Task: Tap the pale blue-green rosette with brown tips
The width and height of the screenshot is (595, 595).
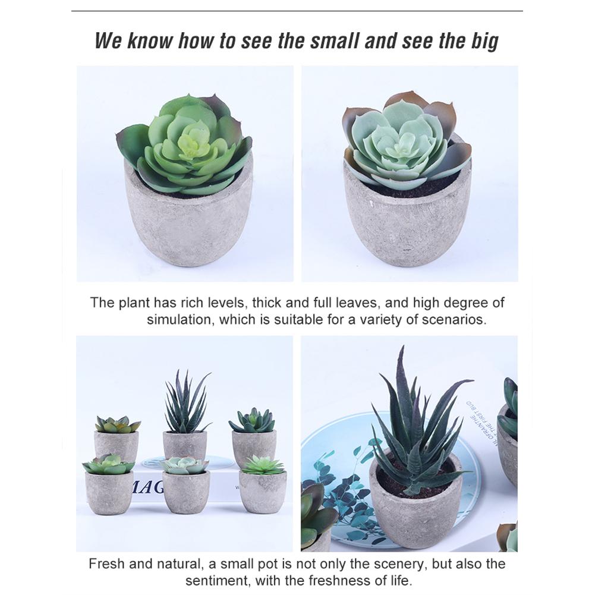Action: (404, 140)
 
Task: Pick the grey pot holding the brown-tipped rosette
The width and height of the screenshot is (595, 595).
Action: (407, 223)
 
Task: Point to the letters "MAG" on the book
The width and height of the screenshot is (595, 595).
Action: (147, 487)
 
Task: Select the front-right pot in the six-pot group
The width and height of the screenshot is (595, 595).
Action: (262, 492)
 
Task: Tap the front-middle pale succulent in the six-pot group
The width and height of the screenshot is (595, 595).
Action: (185, 465)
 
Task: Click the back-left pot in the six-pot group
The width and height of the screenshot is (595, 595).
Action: (117, 446)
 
